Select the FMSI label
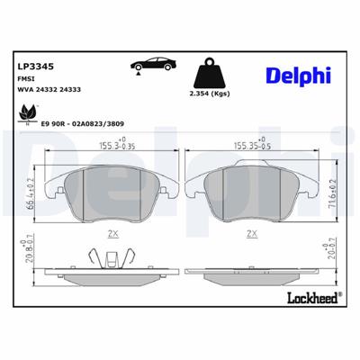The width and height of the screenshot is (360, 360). (x=27, y=79)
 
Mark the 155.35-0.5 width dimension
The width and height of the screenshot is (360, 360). (x=254, y=143)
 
